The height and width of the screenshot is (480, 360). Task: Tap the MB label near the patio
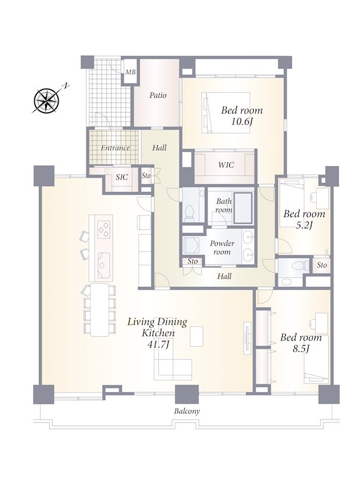130,72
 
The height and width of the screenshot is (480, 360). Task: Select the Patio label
158,95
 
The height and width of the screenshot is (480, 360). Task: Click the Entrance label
115,148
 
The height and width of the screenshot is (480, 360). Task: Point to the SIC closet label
122,177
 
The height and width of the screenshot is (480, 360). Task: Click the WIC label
226,165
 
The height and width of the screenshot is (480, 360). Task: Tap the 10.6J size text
242,122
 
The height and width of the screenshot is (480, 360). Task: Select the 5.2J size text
304,226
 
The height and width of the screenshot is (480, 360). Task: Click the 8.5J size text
301,349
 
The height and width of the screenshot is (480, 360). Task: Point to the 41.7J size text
158,344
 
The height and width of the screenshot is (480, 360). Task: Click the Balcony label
187,411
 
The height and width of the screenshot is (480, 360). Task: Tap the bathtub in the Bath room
243,208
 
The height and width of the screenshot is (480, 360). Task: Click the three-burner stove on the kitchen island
104,229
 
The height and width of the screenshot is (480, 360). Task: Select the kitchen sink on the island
104,265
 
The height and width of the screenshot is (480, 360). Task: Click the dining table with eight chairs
100,310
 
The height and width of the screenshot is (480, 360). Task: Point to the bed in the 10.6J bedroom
226,113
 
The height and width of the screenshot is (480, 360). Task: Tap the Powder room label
222,248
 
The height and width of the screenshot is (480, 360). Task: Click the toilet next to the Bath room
189,212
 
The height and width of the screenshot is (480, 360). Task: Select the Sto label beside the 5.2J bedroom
322,265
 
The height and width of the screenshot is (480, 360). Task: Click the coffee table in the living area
197,337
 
